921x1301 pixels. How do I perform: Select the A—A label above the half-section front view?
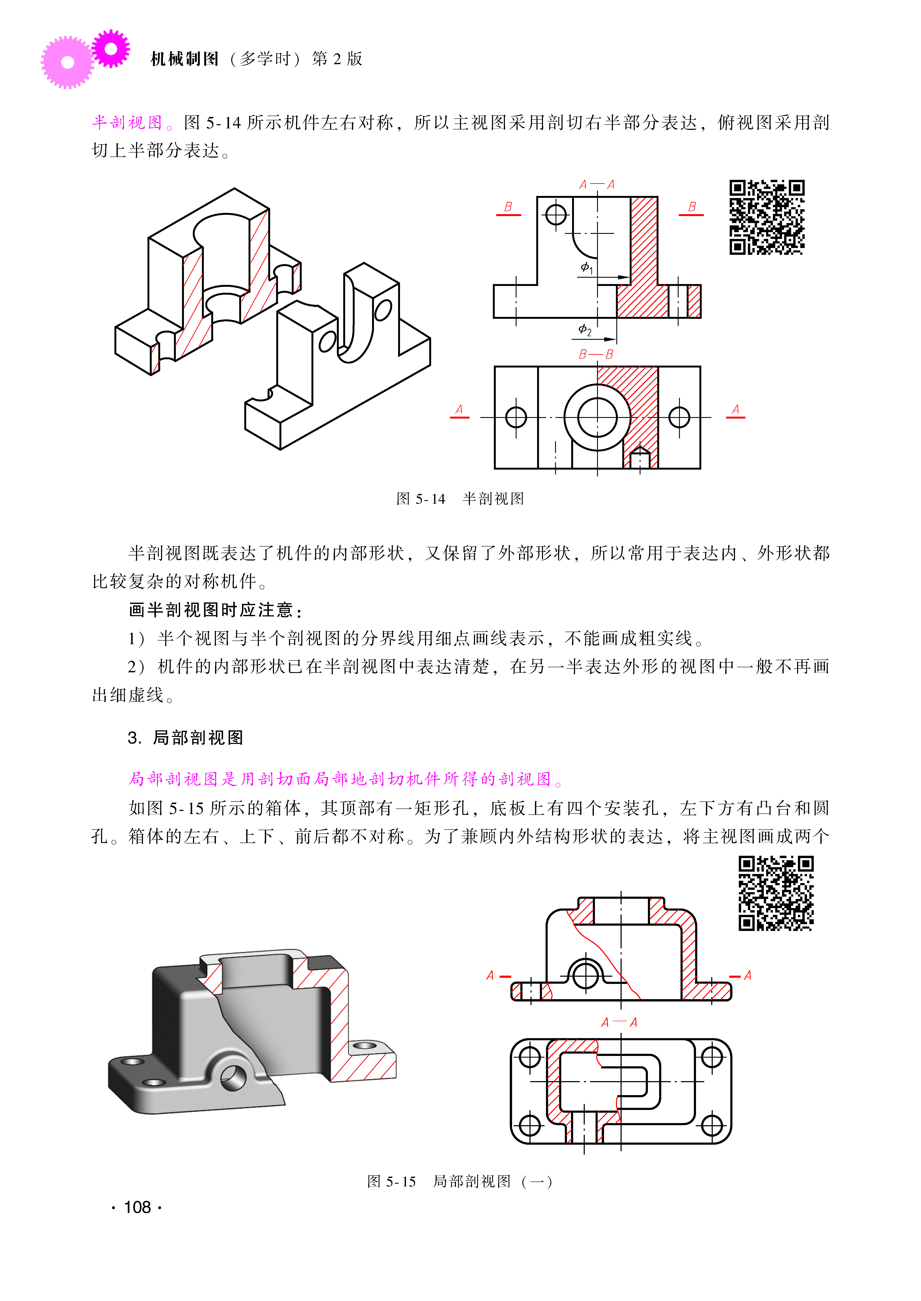click(597, 185)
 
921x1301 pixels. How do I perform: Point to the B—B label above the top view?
click(596, 355)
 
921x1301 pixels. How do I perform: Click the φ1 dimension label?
click(586, 268)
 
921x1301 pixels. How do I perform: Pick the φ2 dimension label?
click(585, 330)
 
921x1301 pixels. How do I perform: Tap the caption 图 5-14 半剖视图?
click(460, 499)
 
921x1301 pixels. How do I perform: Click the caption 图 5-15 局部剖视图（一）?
click(460, 1181)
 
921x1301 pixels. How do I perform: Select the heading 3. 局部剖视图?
click(185, 738)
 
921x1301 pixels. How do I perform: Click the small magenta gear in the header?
click(111, 49)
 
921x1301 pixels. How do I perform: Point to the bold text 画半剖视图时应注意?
click(211, 610)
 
